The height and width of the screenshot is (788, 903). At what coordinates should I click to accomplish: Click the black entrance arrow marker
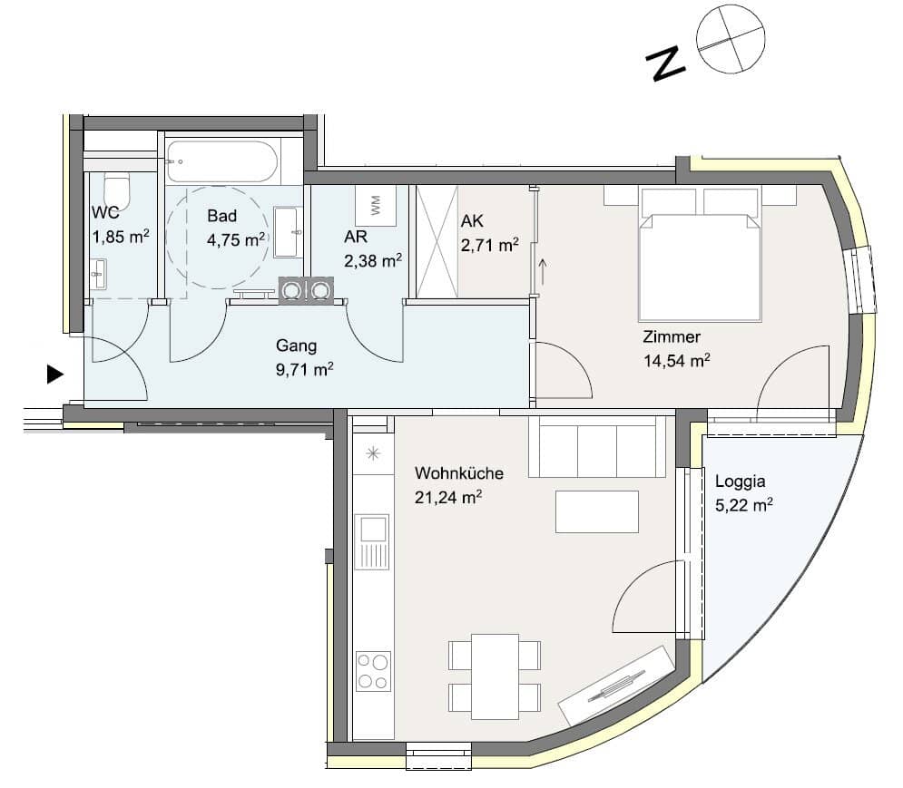(x=54, y=375)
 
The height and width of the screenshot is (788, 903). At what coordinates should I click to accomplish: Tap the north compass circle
(x=731, y=39)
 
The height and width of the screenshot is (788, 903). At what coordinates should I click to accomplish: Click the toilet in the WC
(x=117, y=191)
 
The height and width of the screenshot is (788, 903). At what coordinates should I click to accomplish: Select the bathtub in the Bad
(x=222, y=162)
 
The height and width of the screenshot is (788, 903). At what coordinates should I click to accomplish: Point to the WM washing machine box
(x=376, y=206)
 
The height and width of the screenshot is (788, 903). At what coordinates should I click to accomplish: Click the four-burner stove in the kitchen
(x=373, y=671)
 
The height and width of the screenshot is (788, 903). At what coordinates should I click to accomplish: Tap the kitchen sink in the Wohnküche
(x=373, y=541)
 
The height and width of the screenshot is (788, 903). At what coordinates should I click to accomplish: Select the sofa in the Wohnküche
(x=596, y=447)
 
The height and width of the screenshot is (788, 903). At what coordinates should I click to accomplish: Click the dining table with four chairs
(x=495, y=676)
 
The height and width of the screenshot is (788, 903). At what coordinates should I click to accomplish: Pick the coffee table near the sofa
(x=596, y=511)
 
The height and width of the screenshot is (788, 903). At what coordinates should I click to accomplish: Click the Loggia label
(x=740, y=482)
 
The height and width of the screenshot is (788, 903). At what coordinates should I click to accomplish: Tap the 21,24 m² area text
(x=448, y=497)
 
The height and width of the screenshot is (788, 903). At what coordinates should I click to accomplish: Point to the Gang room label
(x=296, y=345)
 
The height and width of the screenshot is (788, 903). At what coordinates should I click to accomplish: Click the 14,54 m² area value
(x=677, y=360)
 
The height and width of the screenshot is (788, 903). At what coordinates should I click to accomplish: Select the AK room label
(x=472, y=220)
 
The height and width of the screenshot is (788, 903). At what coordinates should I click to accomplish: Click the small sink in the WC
(x=99, y=274)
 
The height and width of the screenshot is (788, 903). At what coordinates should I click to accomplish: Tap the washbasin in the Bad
(x=288, y=232)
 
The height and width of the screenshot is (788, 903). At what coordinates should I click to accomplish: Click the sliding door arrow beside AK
(x=542, y=272)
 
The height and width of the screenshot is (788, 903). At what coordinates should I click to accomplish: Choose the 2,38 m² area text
(x=373, y=261)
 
